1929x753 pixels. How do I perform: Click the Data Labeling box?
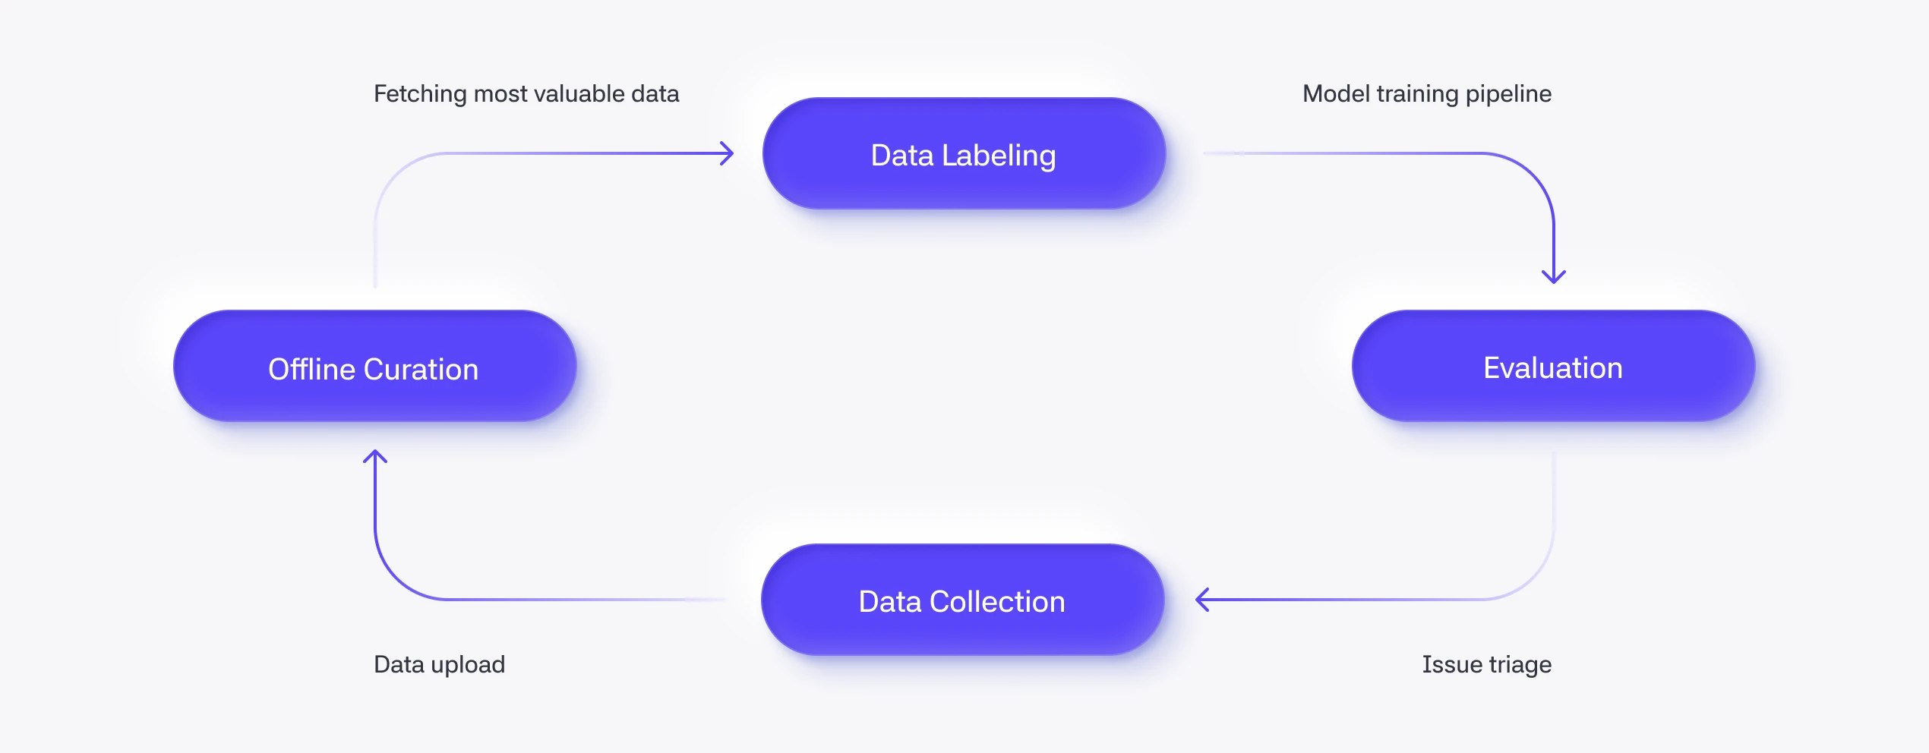coord(964,153)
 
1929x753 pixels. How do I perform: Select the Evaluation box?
coord(1553,366)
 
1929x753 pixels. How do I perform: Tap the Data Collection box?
coord(962,600)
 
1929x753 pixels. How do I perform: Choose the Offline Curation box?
coord(375,366)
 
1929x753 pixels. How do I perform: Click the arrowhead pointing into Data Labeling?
coord(727,153)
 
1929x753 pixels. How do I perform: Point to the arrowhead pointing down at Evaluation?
coord(1554,277)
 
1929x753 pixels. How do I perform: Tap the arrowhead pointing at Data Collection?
coord(1203,600)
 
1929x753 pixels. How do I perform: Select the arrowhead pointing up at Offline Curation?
coord(375,457)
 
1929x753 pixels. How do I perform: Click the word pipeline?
coord(1508,94)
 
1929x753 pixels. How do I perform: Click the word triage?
coord(1520,665)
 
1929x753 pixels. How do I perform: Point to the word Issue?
coord(1452,664)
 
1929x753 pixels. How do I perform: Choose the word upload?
coord(468,665)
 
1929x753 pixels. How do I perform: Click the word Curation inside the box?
coord(421,369)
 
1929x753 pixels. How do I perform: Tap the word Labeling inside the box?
coord(999,156)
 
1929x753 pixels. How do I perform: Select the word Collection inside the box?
coord(997,601)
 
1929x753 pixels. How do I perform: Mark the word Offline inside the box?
coord(312,369)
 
